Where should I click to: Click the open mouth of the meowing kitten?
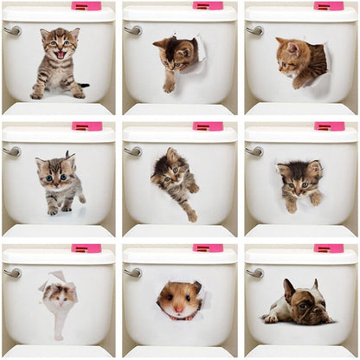point(60,54)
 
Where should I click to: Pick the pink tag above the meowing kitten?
point(87,6)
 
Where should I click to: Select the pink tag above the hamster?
point(208,248)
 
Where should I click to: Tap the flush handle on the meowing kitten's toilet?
point(12,30)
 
